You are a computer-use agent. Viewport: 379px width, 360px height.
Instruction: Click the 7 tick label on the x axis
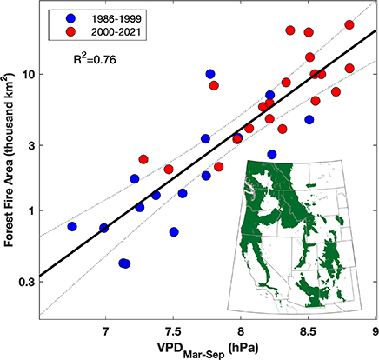pyautogui.click(x=106, y=330)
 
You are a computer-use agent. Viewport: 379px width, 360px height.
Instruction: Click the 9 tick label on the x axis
pyautogui.click(x=375, y=330)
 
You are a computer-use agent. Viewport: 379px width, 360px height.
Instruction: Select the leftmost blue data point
pyautogui.click(x=72, y=226)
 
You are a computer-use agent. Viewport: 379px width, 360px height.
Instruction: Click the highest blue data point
pyautogui.click(x=210, y=74)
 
